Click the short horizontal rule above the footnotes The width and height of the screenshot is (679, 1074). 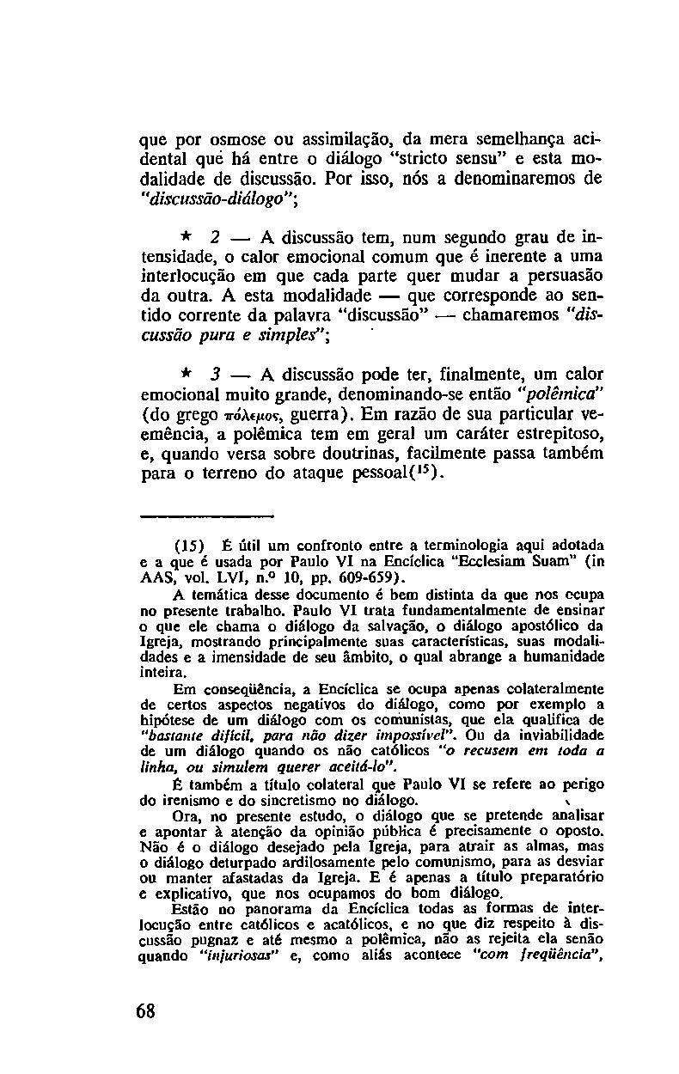point(205,517)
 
